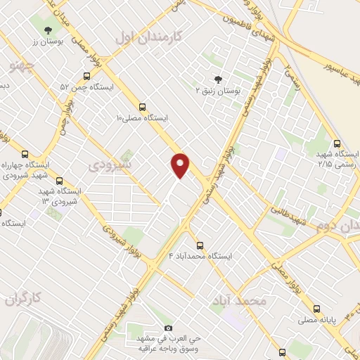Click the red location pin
(x=180, y=165)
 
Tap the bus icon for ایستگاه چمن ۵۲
(x=86, y=76)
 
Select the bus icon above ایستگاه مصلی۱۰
(x=143, y=108)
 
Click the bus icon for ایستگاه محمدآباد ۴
(x=200, y=245)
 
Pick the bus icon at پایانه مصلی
(x=316, y=309)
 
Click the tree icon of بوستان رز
(x=47, y=30)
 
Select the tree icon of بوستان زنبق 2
(x=217, y=79)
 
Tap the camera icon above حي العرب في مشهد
(x=167, y=328)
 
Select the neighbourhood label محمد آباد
(x=239, y=300)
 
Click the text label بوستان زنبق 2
(x=217, y=91)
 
